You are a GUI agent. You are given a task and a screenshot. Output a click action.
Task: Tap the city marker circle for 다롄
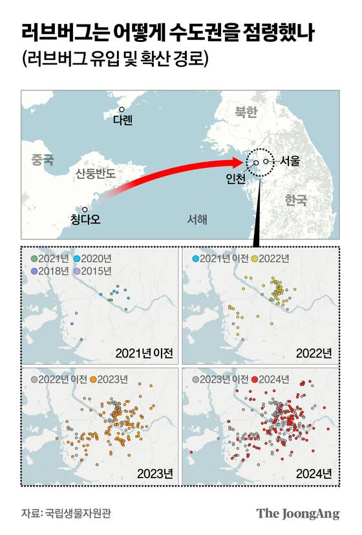[122, 110]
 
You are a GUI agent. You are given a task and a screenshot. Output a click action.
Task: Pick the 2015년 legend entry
[94, 270]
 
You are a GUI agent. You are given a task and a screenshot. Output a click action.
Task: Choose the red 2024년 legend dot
[255, 379]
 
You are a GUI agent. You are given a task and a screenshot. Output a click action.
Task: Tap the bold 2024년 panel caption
[314, 474]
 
